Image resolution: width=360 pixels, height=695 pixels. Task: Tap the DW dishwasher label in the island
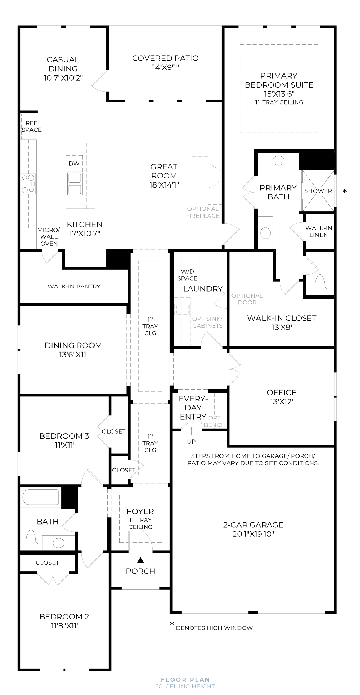coord(74,164)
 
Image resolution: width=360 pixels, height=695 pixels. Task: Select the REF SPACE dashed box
coord(32,126)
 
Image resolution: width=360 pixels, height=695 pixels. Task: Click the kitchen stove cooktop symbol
coord(28,184)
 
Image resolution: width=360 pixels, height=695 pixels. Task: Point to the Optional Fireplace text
coord(203,212)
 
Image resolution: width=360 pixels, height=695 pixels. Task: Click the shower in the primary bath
coord(318,191)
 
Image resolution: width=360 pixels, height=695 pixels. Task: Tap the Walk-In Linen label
coord(319,231)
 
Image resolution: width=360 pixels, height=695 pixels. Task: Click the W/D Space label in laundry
coord(187,275)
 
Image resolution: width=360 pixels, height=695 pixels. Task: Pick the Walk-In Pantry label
coord(74,286)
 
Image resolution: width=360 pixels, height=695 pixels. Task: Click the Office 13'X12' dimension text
coord(281,401)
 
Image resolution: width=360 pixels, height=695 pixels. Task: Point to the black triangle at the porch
coord(141,560)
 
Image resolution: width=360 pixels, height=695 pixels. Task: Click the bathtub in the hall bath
coord(41,497)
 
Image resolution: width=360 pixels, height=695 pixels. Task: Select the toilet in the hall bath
coord(31,540)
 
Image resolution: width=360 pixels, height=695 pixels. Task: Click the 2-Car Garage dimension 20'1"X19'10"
coord(253,534)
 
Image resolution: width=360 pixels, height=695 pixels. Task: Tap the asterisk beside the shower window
coord(344,191)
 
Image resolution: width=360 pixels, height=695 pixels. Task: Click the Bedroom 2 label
coord(64,616)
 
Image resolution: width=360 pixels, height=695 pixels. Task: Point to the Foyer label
coord(140,511)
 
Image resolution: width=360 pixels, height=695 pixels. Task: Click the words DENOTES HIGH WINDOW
coord(214,628)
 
